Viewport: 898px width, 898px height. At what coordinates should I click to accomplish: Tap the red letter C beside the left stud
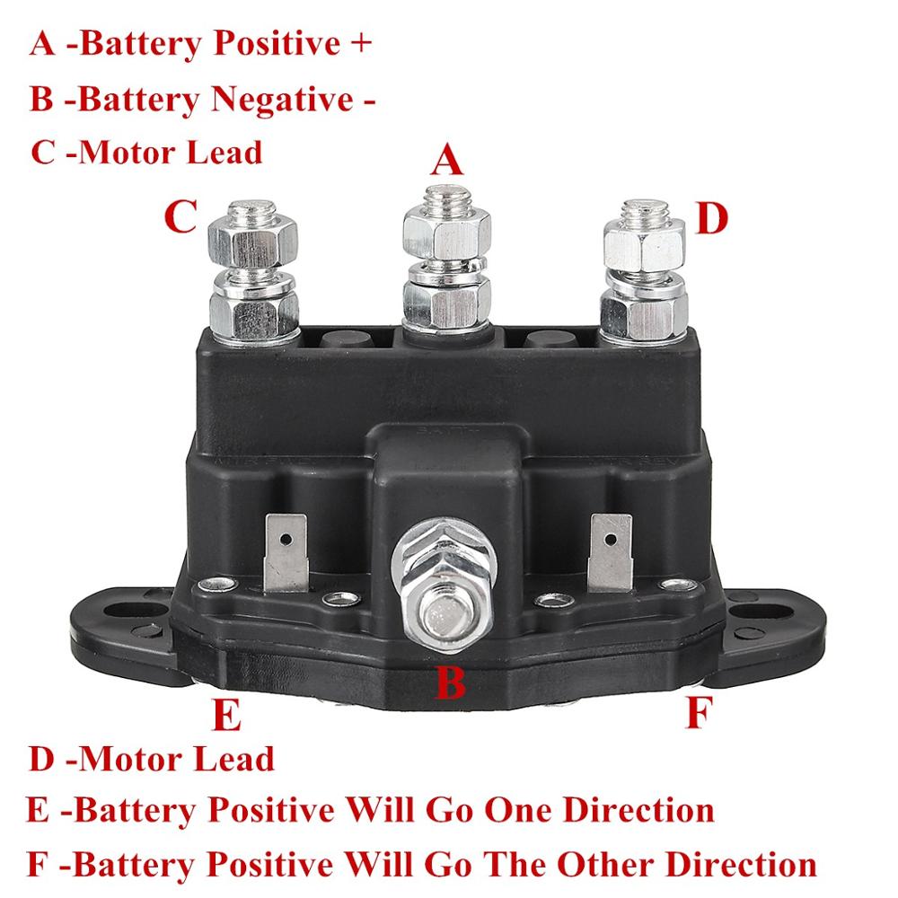pyautogui.click(x=180, y=216)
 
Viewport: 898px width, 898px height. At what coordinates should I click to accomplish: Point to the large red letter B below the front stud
pyautogui.click(x=450, y=682)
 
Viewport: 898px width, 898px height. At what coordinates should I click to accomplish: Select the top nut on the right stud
pyautogui.click(x=644, y=241)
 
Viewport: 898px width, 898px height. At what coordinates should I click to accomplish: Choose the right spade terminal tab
pyautogui.click(x=610, y=555)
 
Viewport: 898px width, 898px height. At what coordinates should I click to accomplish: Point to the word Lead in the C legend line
pyautogui.click(x=224, y=151)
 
